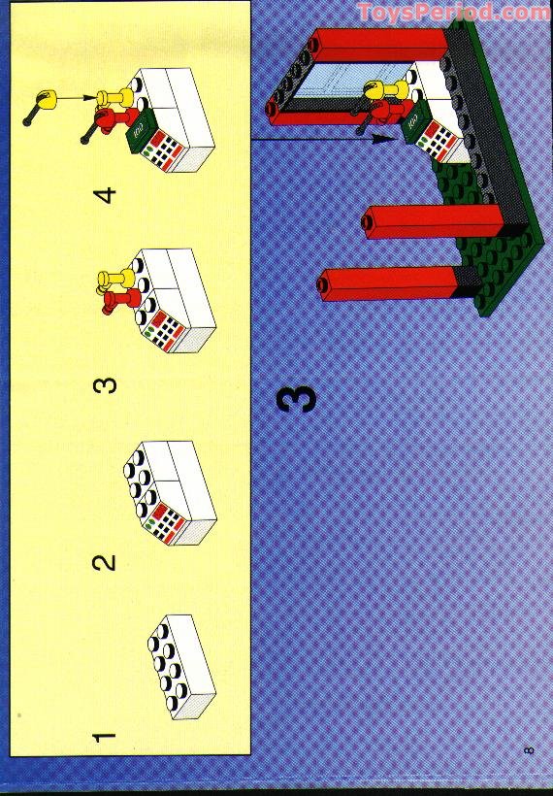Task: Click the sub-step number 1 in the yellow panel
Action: pos(105,737)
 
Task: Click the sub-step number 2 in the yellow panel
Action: pos(104,562)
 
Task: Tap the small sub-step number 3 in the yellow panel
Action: pos(105,384)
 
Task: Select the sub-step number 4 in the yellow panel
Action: pos(105,195)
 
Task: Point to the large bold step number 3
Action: pos(297,399)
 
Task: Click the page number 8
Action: pos(529,749)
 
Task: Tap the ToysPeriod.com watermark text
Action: pos(453,12)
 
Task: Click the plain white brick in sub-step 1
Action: pos(181,667)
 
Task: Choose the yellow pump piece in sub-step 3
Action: pos(115,280)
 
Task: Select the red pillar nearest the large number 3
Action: pos(391,284)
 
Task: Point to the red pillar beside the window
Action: pos(378,45)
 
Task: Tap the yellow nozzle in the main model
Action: pos(384,90)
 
